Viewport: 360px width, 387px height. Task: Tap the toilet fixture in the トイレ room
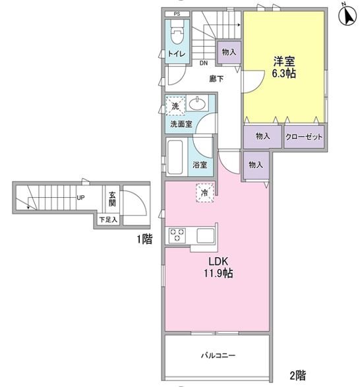coord(177,32)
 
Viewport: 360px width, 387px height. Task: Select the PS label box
coord(177,14)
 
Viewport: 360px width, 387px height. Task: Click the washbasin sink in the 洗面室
coord(197,104)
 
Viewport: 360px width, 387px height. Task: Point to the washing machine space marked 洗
coord(175,106)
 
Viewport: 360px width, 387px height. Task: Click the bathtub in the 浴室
coord(175,157)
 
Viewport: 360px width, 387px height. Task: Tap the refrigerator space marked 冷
coord(205,193)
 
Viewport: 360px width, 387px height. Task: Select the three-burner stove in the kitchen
coord(177,235)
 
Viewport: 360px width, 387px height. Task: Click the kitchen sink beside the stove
coord(206,236)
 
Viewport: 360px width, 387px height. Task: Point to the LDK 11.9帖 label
coord(218,267)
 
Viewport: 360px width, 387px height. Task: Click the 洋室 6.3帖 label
coord(284,67)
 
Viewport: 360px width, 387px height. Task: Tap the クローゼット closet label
coord(304,136)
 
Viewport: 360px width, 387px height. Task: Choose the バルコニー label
coord(218,355)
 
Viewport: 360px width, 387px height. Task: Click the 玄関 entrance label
coord(112,199)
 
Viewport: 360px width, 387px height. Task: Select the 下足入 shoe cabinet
coord(108,220)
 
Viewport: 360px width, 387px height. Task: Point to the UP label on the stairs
coord(80,198)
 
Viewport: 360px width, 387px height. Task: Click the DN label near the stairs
coord(204,63)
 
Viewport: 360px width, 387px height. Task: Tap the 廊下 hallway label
coord(216,78)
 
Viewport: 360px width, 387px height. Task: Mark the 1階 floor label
coord(145,239)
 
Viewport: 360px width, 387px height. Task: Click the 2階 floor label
coord(298,375)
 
